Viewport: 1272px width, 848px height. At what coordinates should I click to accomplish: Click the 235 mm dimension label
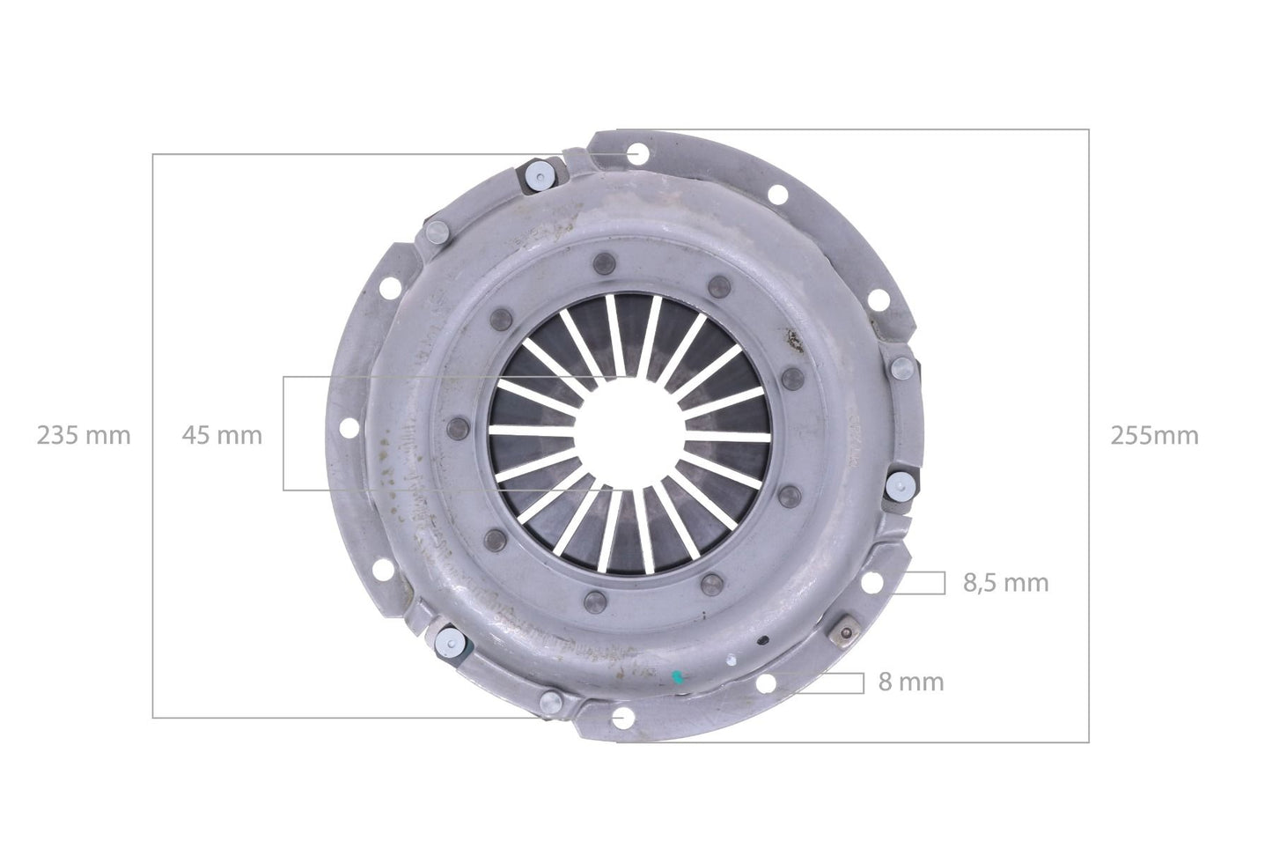[84, 435]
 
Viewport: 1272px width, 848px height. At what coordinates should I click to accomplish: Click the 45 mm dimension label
[222, 435]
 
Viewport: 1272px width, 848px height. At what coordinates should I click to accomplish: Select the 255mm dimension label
[1154, 435]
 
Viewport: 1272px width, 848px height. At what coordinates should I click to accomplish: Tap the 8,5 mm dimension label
[1005, 582]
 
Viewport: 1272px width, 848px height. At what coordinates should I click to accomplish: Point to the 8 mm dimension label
[910, 682]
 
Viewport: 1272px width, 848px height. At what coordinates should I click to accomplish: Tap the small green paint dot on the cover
[677, 678]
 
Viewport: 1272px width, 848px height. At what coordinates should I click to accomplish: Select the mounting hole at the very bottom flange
[625, 718]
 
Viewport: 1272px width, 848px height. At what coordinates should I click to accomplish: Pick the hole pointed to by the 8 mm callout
[766, 682]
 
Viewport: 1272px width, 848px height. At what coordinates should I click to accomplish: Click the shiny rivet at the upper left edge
[538, 176]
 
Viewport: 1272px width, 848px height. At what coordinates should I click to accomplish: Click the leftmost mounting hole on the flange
[349, 429]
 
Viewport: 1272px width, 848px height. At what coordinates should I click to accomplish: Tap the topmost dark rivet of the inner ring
[604, 262]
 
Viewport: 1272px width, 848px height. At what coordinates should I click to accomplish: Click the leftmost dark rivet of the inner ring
[455, 427]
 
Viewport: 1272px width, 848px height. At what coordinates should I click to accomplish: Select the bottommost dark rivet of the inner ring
[591, 601]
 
